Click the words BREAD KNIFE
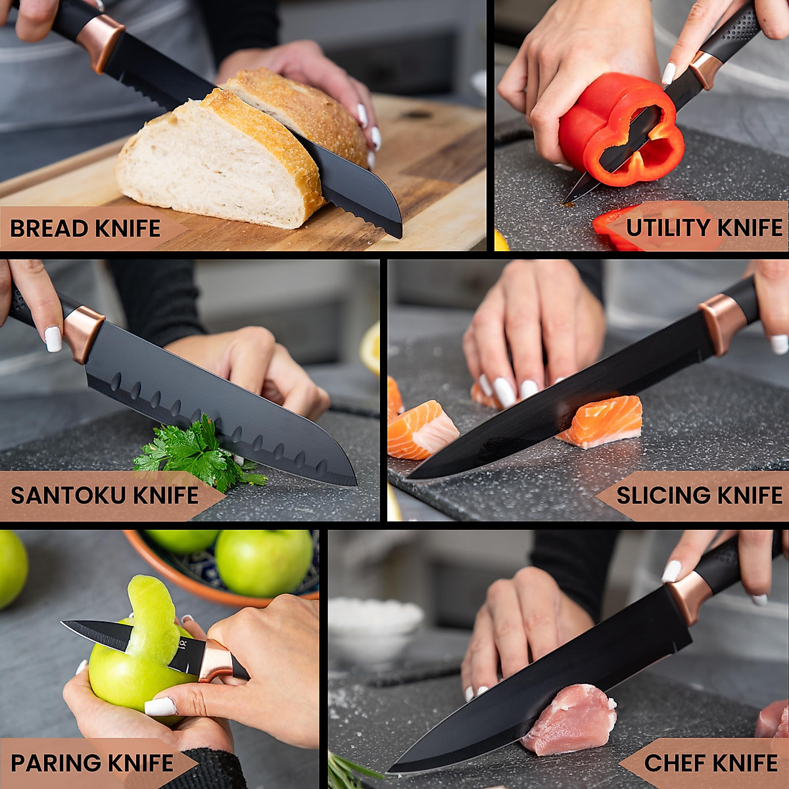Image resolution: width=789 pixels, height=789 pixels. [85, 228]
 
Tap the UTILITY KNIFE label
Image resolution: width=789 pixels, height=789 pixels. [704, 227]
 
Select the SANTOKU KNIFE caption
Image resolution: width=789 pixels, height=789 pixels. [105, 495]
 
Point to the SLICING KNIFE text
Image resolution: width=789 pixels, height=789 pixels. [699, 495]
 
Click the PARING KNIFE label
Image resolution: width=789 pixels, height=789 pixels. [92, 763]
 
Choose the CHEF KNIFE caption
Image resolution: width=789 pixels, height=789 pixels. [711, 763]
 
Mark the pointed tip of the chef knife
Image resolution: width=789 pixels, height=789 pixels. [391, 771]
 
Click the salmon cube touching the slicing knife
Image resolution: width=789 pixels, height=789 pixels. [602, 421]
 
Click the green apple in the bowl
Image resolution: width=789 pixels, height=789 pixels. [263, 562]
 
